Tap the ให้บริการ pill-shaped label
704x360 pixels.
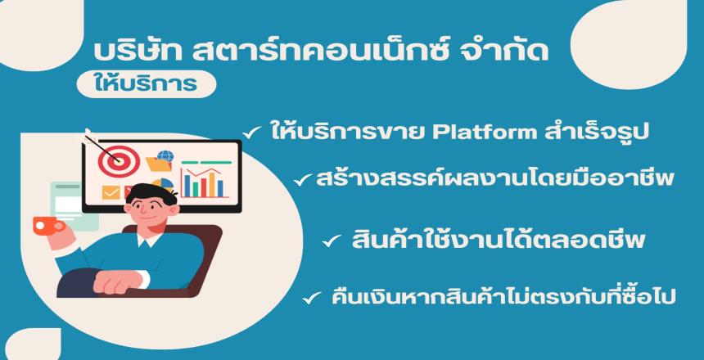tap(147, 84)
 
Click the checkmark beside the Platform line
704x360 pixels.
tap(252, 133)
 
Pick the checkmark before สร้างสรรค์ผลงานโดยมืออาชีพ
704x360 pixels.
tap(303, 181)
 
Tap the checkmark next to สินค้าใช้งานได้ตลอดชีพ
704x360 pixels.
tap(332, 242)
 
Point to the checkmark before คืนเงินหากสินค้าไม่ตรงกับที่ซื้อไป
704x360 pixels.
tap(312, 298)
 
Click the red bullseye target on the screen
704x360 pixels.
tap(119, 160)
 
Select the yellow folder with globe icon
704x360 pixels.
tap(160, 160)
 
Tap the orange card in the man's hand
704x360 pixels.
tap(48, 225)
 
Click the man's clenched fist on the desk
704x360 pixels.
tap(115, 282)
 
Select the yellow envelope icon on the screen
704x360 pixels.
tap(111, 192)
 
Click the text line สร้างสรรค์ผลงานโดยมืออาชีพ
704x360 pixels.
tap(495, 178)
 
